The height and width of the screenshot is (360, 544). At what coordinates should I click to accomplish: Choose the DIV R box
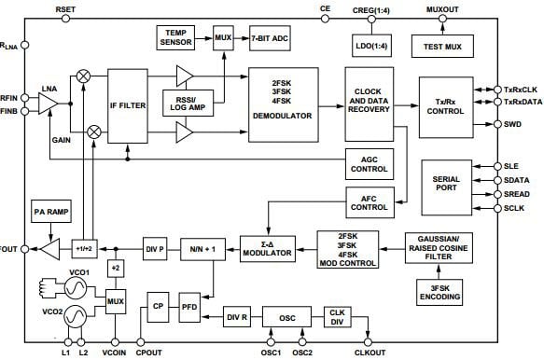[x=236, y=317]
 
